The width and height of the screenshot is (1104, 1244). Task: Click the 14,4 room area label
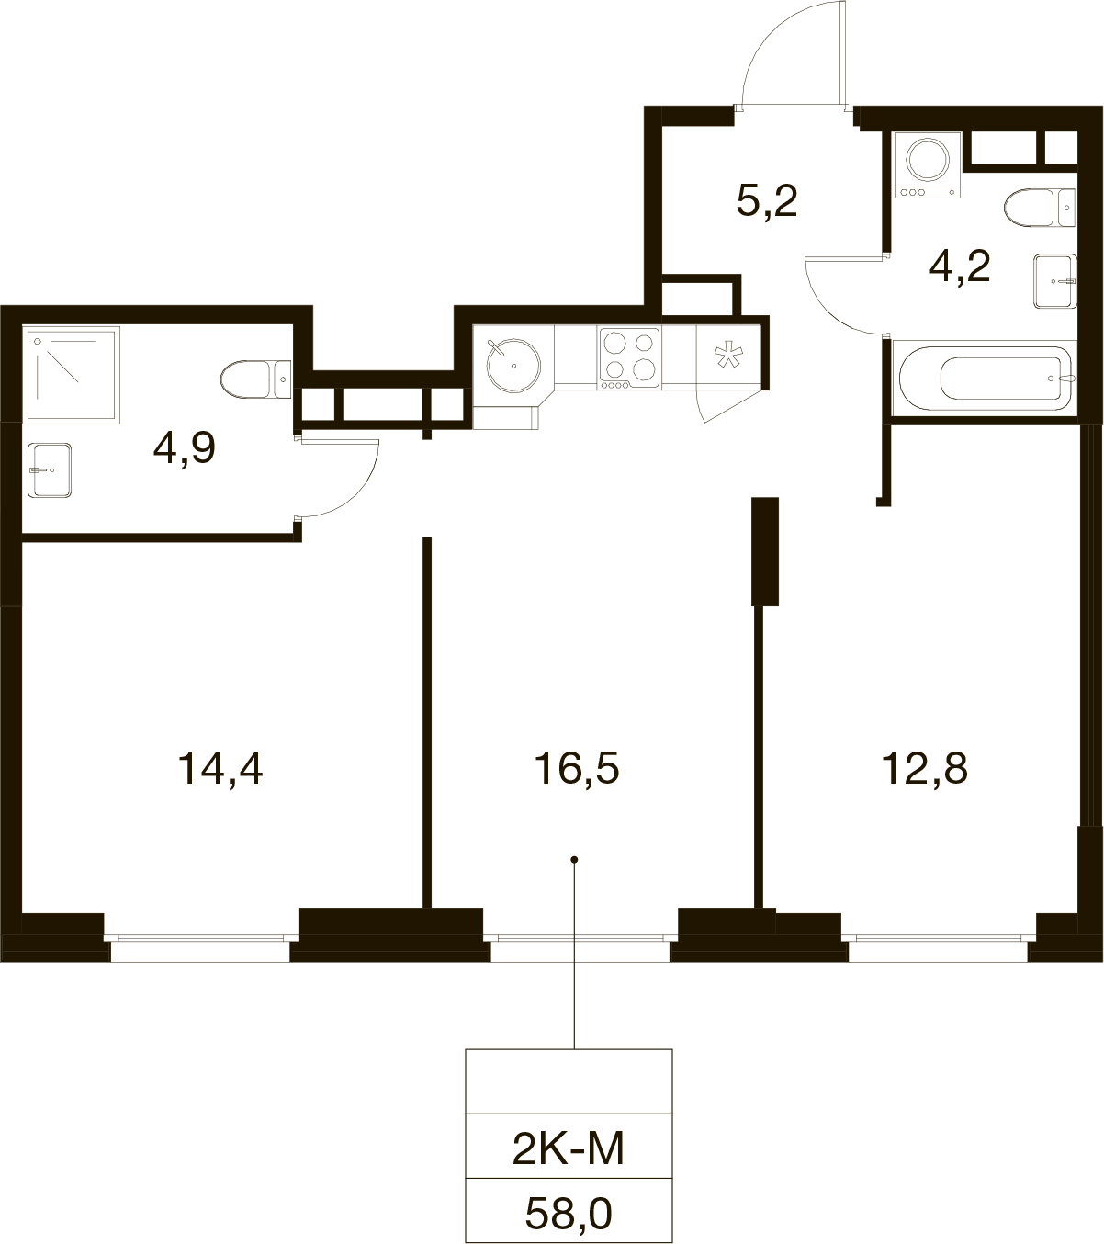[220, 769]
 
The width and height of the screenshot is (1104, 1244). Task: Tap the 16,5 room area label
[577, 769]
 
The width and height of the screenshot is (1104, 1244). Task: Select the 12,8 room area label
[924, 769]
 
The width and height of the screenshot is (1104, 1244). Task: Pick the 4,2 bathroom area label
[960, 266]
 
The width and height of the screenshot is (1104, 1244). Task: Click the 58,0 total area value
[569, 1214]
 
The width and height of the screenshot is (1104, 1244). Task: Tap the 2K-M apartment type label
[568, 1148]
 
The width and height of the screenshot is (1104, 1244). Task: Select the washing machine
[928, 165]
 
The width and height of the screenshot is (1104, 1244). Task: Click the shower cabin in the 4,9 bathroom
[72, 375]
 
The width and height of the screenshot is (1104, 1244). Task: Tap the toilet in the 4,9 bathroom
[256, 379]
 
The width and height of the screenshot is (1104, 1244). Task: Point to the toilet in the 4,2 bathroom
[1040, 208]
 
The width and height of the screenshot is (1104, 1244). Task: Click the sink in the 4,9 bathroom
[50, 470]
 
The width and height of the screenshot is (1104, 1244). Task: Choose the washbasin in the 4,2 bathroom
[1055, 281]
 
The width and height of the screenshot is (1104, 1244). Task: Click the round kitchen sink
[513, 366]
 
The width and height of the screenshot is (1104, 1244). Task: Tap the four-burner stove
[629, 358]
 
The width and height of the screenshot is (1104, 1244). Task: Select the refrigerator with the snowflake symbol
[729, 356]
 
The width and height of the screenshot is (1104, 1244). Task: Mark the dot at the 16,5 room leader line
[574, 860]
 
